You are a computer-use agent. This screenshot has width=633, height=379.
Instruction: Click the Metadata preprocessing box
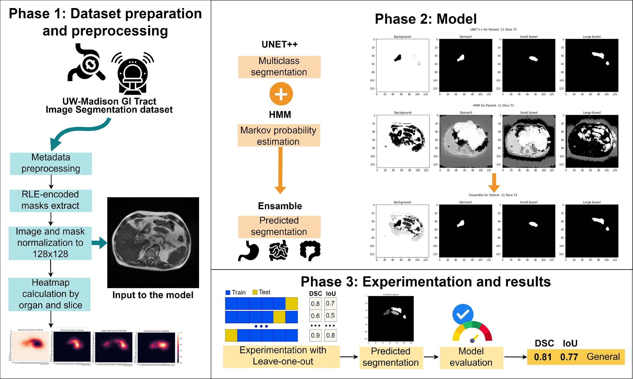[51, 164]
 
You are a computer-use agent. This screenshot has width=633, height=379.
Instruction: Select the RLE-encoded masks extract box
[50, 200]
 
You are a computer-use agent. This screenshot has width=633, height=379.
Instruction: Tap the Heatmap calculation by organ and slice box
[50, 294]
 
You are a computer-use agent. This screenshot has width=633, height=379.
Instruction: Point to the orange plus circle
[281, 94]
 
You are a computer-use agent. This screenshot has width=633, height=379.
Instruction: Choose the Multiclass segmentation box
[279, 67]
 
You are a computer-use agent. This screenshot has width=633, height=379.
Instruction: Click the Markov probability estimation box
[278, 135]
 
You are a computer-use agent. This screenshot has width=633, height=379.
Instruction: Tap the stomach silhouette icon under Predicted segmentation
[249, 251]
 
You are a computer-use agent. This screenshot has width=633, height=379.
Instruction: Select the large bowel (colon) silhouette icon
[310, 250]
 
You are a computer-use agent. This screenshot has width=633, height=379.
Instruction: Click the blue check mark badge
[462, 314]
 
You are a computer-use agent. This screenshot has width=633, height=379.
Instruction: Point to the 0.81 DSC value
[543, 357]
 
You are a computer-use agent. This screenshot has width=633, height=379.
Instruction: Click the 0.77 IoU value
[569, 357]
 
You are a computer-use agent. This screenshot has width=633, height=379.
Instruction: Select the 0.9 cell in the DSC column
[315, 336]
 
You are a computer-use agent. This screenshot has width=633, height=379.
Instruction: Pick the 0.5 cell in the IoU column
[330, 316]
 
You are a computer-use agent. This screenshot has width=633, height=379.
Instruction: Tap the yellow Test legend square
[255, 292]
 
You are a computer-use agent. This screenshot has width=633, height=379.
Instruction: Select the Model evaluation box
[471, 357]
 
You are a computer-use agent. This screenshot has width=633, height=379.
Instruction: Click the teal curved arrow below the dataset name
[78, 132]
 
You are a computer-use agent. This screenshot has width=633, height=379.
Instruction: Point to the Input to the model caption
[153, 295]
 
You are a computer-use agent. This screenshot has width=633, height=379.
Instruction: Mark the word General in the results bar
[603, 357]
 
